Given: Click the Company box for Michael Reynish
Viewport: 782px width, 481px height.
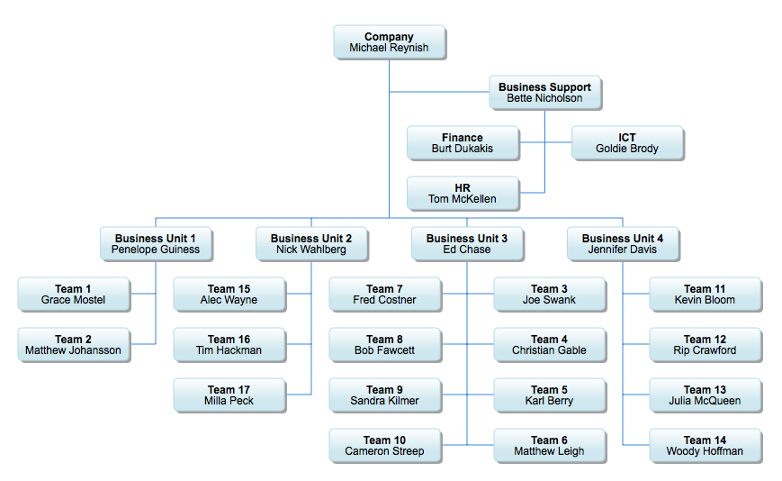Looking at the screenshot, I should point(389,42).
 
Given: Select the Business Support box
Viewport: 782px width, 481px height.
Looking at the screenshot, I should point(544,93).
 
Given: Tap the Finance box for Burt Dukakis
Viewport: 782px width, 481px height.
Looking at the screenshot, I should point(463,143).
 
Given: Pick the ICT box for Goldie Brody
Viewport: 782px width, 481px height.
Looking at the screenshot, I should point(627,143).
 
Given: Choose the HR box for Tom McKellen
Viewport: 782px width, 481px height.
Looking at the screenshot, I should point(463,194).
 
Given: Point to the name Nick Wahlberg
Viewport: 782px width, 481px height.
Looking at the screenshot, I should point(311,250).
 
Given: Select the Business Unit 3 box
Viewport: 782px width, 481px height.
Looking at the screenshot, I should point(467,244).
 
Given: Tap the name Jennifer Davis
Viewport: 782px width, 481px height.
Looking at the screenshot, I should point(623,250).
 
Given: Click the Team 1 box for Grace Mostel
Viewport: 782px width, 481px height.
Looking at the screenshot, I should point(74,295).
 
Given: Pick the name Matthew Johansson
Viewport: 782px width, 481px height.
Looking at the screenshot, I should point(74,350).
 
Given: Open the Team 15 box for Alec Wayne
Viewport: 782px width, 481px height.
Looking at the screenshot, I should point(229,295).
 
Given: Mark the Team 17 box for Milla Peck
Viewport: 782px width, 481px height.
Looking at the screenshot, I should point(229,395).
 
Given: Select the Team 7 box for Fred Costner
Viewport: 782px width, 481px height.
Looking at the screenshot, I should point(385,295).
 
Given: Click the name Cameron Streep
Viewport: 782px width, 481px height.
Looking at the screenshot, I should point(385,451).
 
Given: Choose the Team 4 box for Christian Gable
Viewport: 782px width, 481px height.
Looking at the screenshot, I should point(550,345).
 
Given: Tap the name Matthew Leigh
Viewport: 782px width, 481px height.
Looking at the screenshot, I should point(550,451).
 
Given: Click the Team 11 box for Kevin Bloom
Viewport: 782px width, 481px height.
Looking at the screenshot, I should point(706,295).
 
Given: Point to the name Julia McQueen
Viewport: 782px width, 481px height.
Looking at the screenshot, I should point(706,401).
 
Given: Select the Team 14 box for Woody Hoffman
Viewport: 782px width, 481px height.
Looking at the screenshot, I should point(706,446).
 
